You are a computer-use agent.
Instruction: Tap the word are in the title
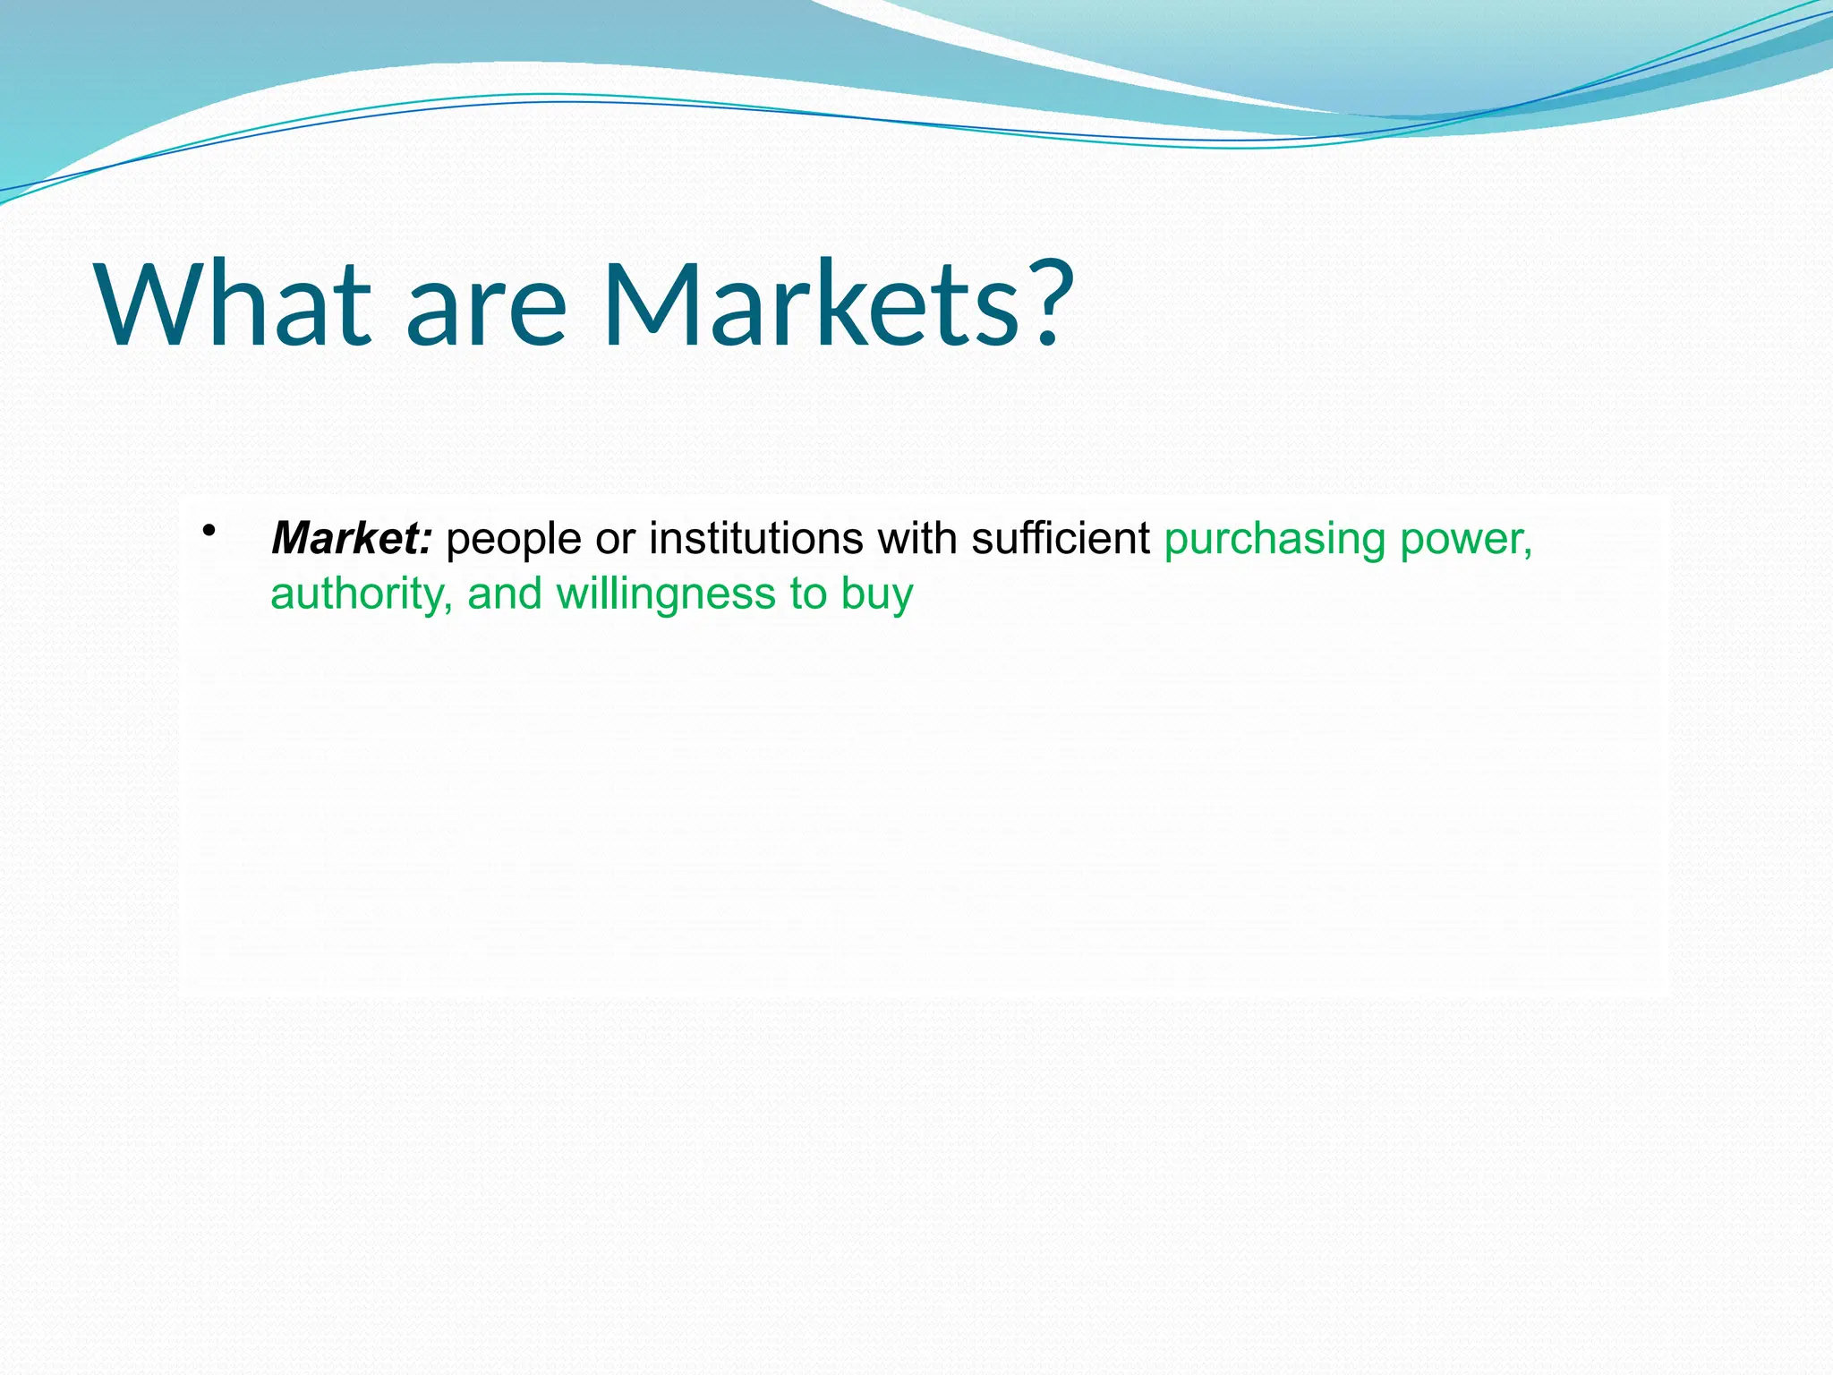click(x=486, y=313)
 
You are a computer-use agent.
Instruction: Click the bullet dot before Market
click(x=209, y=531)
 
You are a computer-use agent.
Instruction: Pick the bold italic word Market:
click(x=352, y=539)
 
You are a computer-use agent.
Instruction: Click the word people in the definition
click(x=514, y=541)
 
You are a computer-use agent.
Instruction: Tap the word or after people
click(x=615, y=540)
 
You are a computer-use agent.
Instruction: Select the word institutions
click(x=756, y=539)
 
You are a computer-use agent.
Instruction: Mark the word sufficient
click(x=1061, y=539)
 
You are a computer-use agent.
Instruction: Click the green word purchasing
click(x=1275, y=541)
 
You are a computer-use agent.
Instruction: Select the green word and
click(x=505, y=594)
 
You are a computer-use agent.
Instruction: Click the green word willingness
click(x=666, y=595)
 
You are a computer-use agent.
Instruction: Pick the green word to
click(x=808, y=594)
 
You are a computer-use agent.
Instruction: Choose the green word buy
click(x=878, y=595)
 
